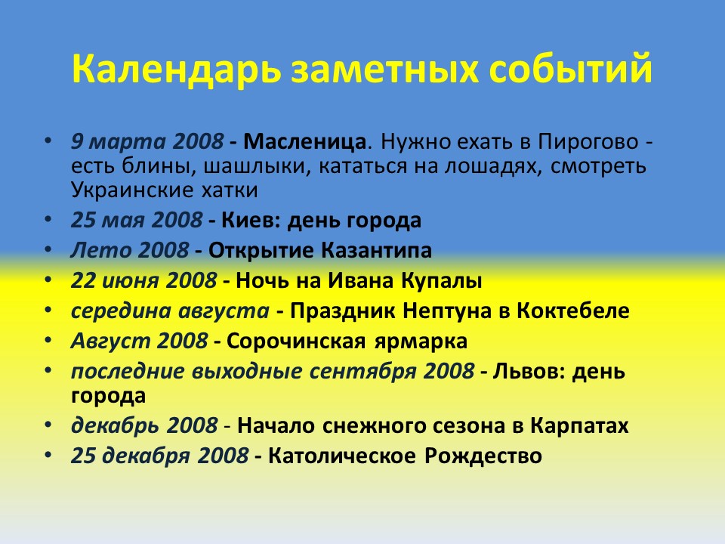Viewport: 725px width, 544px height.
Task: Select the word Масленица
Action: (308, 141)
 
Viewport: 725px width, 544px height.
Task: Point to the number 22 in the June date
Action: (83, 281)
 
